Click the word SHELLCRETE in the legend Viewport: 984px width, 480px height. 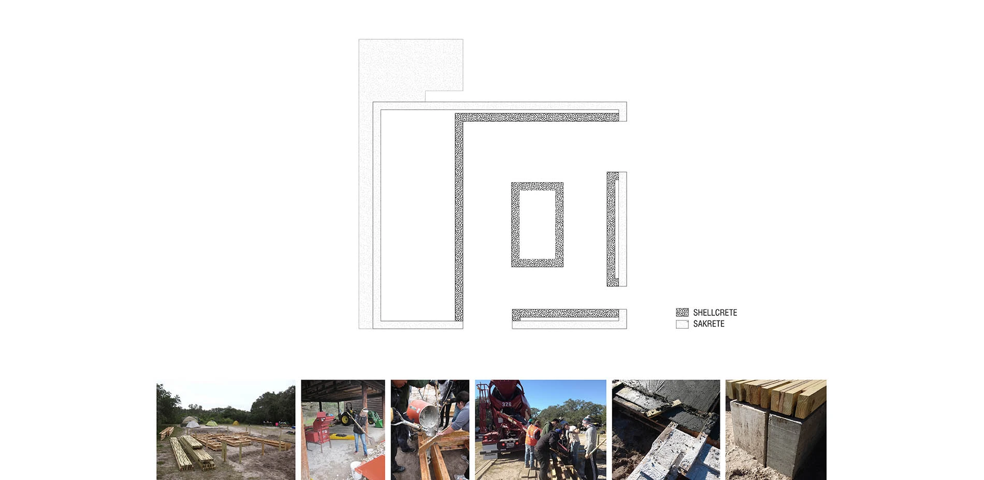pos(715,312)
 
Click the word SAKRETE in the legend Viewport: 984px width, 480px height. pos(708,324)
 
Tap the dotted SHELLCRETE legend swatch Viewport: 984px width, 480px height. pos(682,312)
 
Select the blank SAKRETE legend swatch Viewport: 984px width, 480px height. pos(682,324)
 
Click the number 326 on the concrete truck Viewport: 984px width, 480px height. pos(506,404)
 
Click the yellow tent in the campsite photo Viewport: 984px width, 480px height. pos(236,423)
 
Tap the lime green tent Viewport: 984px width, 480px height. pos(212,423)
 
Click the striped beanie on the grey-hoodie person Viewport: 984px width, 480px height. pos(586,419)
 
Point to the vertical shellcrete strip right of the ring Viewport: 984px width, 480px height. pos(612,229)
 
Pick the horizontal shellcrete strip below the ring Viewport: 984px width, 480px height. pos(566,314)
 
